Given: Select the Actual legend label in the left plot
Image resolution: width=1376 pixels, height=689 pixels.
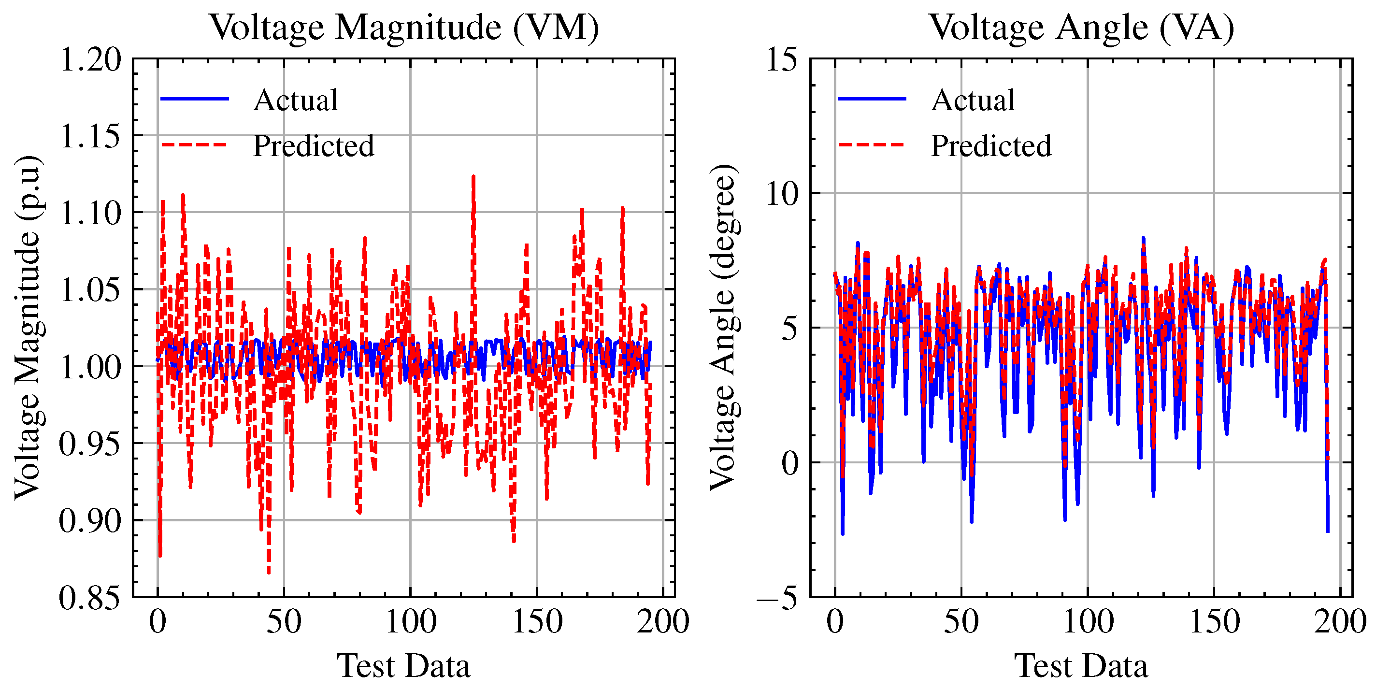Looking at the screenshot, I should click(295, 100).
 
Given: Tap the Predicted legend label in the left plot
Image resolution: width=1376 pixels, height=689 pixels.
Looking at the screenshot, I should click(313, 146).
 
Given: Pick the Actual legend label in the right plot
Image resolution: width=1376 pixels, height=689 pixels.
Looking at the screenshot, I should click(973, 100).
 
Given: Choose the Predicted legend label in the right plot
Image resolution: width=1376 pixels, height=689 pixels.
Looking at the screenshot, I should click(990, 146).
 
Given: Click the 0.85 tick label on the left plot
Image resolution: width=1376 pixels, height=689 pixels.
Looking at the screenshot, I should click(90, 597).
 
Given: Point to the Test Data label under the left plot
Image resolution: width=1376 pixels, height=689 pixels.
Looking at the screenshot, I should click(403, 666).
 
